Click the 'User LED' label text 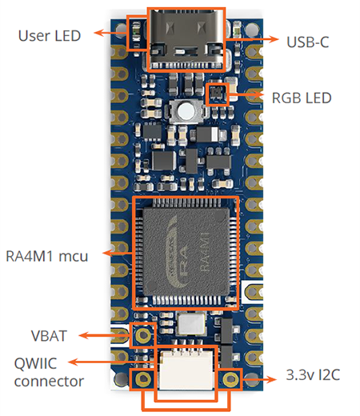49,36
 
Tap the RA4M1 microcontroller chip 185,253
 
